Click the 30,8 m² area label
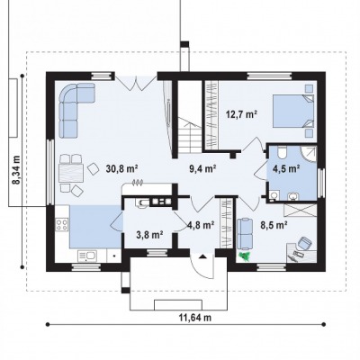tap(121, 169)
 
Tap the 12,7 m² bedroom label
tap(241, 114)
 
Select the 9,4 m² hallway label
tap(202, 169)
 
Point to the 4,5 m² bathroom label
tap(286, 169)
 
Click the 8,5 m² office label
tap(274, 225)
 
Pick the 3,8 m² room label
tap(149, 235)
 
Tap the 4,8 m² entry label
tap(201, 225)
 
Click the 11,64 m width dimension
tap(195, 318)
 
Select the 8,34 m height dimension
tap(16, 169)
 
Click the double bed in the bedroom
tap(293, 111)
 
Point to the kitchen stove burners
tap(62, 224)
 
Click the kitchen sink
tap(87, 256)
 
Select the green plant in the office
tap(246, 256)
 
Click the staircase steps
tap(191, 135)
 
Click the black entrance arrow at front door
tap(202, 256)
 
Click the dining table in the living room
tap(71, 173)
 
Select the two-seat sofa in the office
tap(245, 234)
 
